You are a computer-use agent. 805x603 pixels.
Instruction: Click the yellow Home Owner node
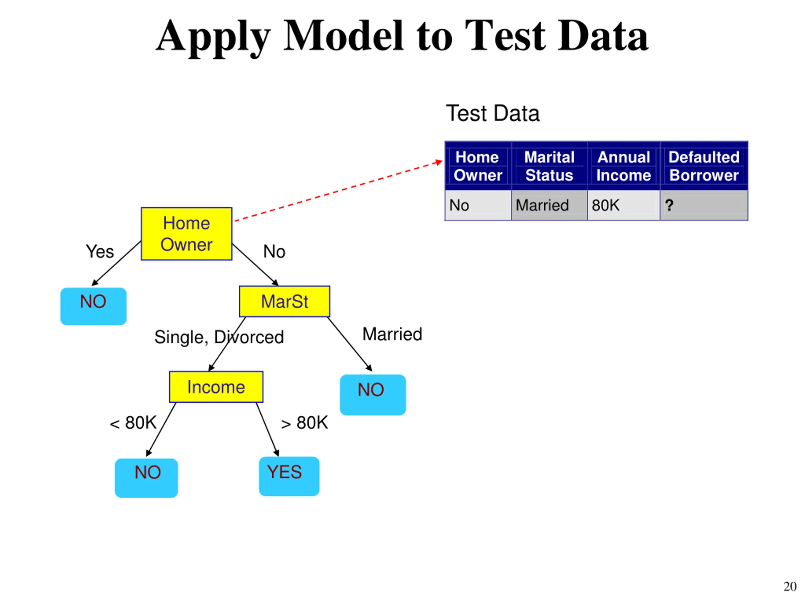(186, 234)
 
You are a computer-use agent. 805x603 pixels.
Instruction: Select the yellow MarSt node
(285, 301)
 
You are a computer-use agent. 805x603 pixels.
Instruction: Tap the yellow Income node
(216, 387)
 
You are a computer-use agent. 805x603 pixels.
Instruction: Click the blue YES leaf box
(289, 476)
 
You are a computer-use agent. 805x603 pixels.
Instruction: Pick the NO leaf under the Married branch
(373, 395)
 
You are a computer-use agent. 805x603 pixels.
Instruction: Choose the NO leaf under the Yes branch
(93, 307)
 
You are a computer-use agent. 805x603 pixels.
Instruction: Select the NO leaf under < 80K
(146, 478)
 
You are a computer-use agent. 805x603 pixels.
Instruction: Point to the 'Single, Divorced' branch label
(219, 337)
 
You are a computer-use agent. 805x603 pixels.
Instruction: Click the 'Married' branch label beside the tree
(392, 334)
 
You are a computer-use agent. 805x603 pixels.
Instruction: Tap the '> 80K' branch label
(305, 423)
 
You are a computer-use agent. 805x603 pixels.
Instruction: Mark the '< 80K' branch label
(133, 423)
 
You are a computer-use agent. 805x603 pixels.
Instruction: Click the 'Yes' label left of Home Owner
(100, 252)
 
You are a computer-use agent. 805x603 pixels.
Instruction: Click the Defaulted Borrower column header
(704, 166)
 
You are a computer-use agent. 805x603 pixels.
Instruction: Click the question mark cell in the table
(704, 205)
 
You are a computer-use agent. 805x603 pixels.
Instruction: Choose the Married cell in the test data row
(549, 205)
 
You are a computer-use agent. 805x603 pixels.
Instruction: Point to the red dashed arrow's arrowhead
(439, 162)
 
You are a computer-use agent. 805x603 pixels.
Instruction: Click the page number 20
(790, 586)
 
